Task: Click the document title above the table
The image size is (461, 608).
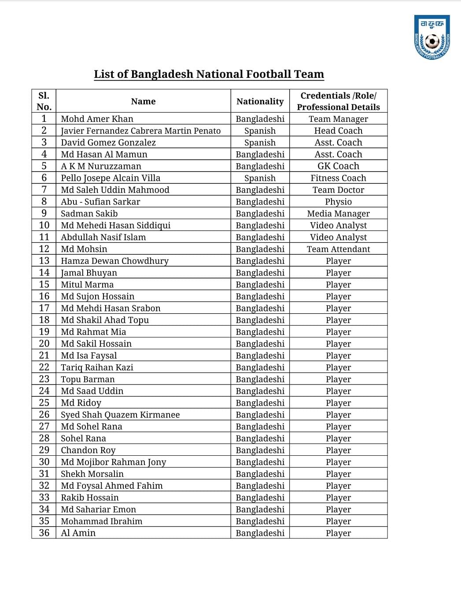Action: point(209,74)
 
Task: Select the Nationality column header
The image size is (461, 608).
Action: point(260,101)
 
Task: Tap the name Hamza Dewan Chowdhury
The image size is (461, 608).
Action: point(114,261)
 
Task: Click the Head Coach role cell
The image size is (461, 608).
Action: point(338,131)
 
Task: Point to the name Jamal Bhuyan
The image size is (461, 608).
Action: point(89,273)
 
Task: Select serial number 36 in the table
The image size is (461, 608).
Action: point(44,533)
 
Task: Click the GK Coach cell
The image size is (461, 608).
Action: point(338,166)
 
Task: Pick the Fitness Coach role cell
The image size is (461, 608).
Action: point(338,178)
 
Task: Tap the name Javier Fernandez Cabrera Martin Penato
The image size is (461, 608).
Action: point(140,131)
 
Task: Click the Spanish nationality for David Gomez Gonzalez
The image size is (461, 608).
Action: point(260,143)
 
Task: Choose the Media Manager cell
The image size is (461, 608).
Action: point(338,214)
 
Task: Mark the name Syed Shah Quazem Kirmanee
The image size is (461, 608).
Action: point(120,415)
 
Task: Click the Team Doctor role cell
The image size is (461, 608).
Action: point(338,190)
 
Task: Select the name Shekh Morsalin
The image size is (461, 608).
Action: point(92,474)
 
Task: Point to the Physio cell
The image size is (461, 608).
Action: point(338,202)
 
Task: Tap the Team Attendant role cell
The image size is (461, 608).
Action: point(338,249)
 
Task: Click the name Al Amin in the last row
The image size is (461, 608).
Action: point(78,533)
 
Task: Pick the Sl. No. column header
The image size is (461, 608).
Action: point(44,101)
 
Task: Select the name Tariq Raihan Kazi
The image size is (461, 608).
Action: point(97,367)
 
